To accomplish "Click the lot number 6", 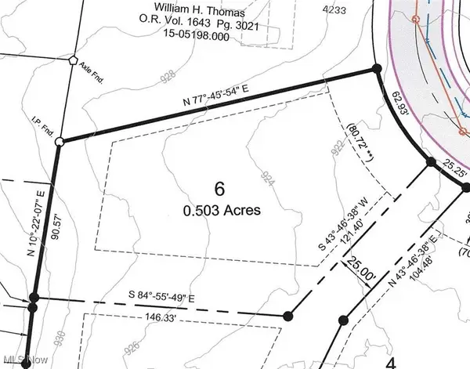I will click(x=220, y=188).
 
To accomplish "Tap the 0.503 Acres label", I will click(x=220, y=210).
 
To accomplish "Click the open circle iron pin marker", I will click(x=60, y=142).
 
